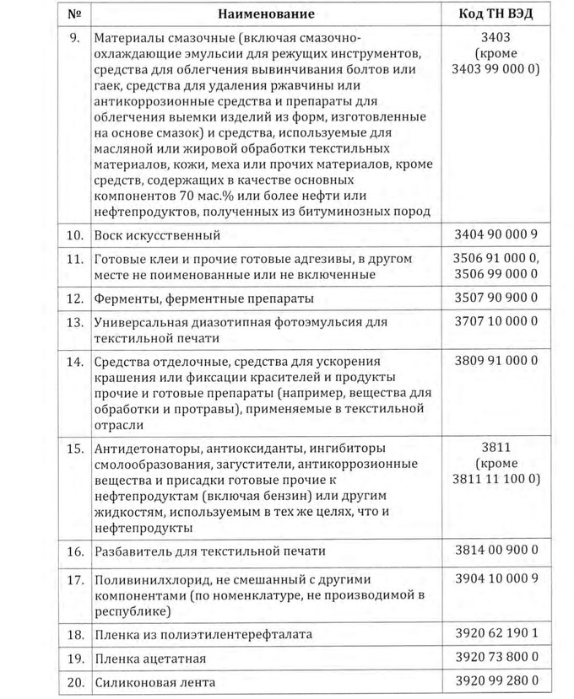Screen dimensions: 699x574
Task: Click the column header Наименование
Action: [265, 13]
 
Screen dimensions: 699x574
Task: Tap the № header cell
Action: [75, 13]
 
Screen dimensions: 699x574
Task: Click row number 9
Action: [75, 39]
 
